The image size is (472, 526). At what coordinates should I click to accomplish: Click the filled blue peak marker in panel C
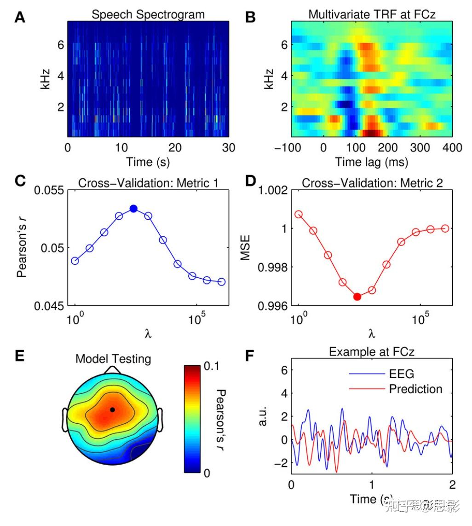(133, 209)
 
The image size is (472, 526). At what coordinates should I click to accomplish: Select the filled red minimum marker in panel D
(357, 297)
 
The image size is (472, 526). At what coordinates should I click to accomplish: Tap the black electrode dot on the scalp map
(112, 409)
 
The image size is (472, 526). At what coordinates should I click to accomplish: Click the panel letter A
(19, 18)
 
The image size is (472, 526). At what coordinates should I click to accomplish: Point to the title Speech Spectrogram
(148, 14)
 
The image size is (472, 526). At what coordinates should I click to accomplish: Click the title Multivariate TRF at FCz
(372, 14)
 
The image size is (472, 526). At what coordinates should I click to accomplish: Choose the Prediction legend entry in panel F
(415, 389)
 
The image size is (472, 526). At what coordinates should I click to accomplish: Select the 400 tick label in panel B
(452, 148)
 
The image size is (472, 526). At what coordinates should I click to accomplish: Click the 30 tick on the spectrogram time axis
(229, 148)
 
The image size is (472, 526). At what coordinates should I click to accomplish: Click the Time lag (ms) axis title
(372, 162)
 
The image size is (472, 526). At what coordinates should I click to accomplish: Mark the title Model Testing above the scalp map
(113, 358)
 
